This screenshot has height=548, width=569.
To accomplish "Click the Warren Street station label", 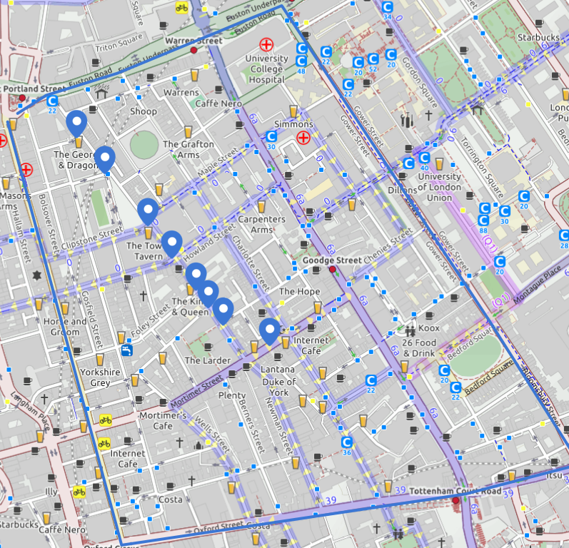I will (x=193, y=41).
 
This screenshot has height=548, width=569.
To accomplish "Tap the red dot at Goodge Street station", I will (x=333, y=269).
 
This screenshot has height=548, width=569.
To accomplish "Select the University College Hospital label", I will (x=266, y=69).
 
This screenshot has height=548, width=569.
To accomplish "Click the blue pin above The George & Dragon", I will (x=76, y=123).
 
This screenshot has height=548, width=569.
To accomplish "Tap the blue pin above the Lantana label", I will (x=269, y=330).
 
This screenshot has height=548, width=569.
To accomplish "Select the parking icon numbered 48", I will (x=301, y=63).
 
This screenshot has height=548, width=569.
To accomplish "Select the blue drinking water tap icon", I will (x=126, y=350).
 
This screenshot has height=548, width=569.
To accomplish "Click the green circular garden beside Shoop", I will (x=144, y=146).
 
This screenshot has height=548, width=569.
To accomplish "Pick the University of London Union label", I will (x=439, y=187).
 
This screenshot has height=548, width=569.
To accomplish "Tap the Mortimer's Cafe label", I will (x=163, y=420).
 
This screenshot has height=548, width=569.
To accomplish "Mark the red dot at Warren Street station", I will (x=193, y=51).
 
